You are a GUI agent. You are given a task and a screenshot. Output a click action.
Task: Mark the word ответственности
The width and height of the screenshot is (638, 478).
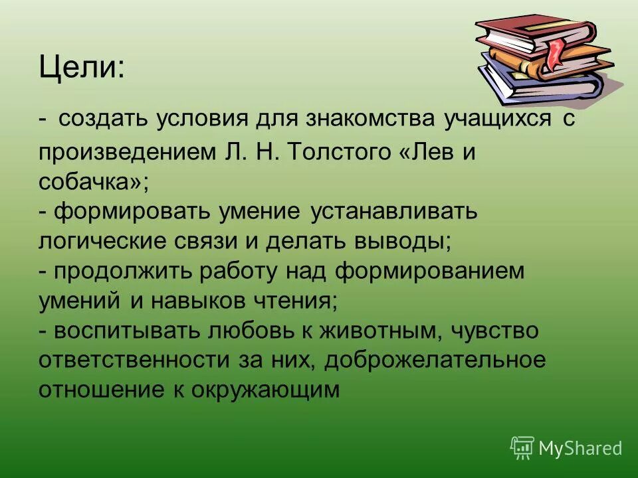point(129,360)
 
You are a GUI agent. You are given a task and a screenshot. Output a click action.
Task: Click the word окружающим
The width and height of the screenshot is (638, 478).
point(266,390)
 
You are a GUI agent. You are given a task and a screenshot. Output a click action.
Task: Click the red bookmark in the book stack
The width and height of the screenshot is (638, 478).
point(553,53)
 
